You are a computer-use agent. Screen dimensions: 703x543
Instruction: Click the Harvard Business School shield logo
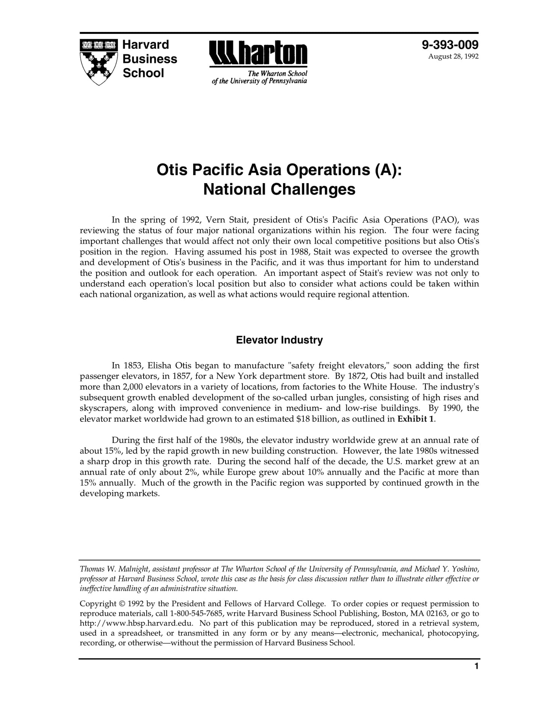point(99,62)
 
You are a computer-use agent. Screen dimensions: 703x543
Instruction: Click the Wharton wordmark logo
point(258,54)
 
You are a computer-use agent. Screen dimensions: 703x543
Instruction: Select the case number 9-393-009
point(450,45)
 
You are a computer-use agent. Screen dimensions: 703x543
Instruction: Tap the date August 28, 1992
point(453,57)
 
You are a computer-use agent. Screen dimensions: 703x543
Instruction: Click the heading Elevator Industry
point(279,340)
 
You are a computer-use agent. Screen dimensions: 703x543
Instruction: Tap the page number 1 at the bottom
point(476,667)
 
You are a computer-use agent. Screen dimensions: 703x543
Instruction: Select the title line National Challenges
point(279,189)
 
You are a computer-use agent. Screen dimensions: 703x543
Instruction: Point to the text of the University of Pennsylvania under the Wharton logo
point(259,81)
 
